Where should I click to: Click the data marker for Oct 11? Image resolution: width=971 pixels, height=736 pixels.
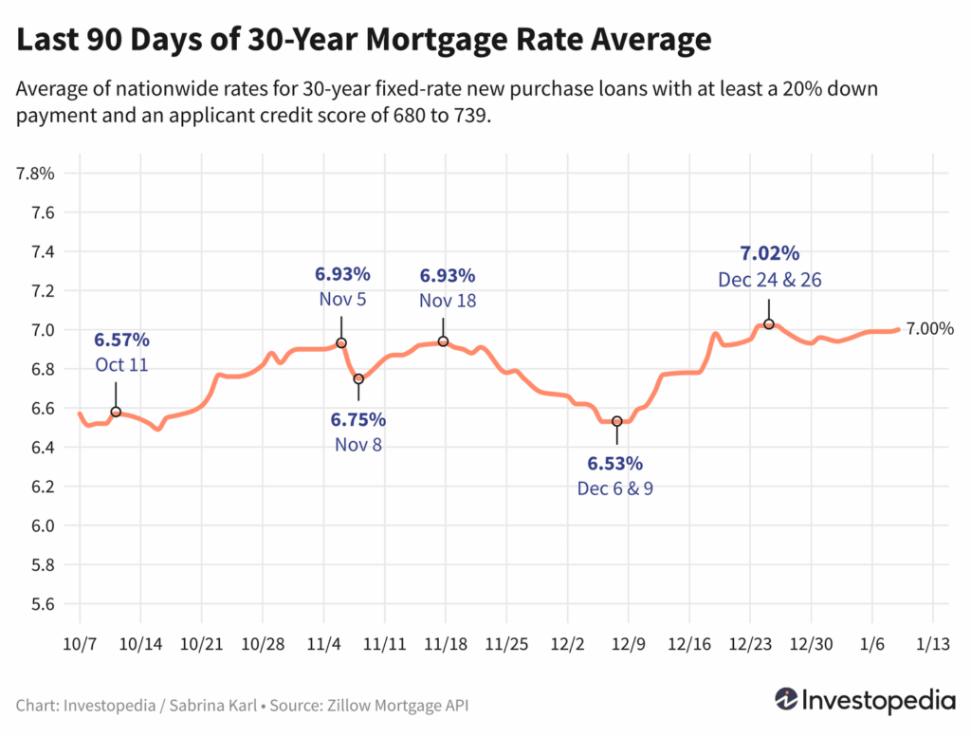[x=116, y=412]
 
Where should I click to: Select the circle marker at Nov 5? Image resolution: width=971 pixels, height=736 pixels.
[x=341, y=342]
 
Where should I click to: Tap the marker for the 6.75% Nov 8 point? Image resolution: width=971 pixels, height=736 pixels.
[x=358, y=378]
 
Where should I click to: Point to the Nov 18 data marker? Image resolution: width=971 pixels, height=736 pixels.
[x=443, y=341]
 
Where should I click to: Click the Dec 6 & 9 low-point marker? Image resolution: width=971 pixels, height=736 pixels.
[x=617, y=421]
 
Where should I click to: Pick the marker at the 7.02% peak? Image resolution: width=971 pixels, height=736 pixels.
[x=769, y=323]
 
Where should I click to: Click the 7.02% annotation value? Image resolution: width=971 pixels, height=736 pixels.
[x=769, y=254]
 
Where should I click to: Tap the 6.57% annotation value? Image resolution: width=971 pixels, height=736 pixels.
[x=121, y=340]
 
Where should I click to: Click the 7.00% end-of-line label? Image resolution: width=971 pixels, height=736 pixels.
[x=929, y=329]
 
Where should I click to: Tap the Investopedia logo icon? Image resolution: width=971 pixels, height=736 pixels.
[x=786, y=699]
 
